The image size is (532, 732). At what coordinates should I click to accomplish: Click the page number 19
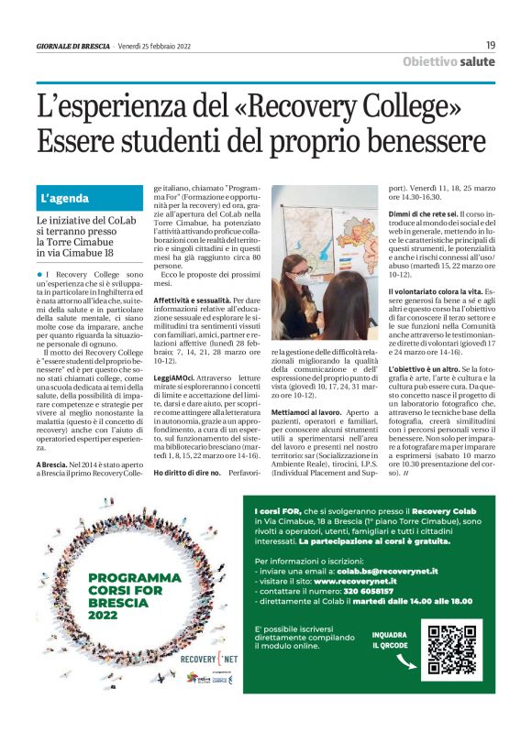[490, 45]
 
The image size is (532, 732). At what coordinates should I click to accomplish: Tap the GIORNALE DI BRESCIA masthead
[73, 46]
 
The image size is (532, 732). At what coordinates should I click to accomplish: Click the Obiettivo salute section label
[449, 62]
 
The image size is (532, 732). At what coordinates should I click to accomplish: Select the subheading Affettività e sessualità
[191, 300]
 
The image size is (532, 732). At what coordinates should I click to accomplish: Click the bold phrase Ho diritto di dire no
[187, 472]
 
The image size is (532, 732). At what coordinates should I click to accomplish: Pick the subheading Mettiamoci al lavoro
[307, 413]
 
